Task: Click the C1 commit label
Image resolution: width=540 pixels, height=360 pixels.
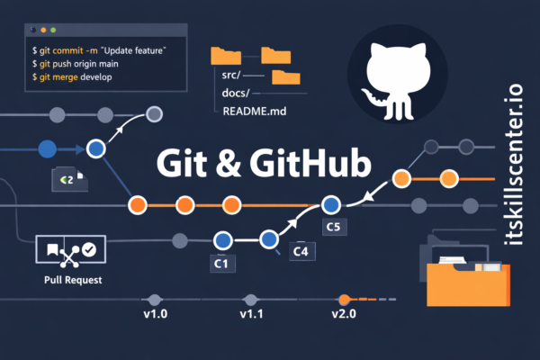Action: [x=222, y=265]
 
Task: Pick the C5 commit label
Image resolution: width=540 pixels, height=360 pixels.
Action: [x=333, y=228]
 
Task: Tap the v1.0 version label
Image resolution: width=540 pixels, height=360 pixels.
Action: [x=157, y=314]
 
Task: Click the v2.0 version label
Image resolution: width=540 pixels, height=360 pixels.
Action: [x=344, y=314]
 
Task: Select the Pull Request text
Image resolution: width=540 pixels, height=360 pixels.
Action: [x=72, y=280]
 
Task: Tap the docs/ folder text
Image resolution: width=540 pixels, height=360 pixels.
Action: [x=239, y=93]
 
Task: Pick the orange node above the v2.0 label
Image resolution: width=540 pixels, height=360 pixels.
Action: [x=343, y=299]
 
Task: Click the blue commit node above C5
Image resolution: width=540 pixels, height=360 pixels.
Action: [x=332, y=204]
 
